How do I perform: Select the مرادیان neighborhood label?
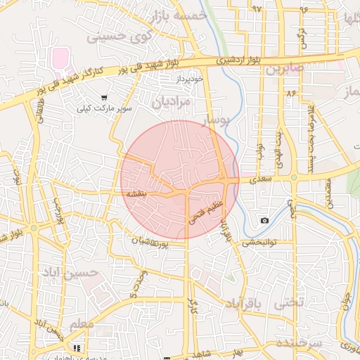coord(171,101)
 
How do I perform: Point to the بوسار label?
coord(216,122)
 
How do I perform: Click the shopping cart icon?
coord(105,98)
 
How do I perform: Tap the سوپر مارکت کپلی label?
coord(105,110)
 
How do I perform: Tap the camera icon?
coord(264,221)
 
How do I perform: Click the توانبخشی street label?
coord(261,242)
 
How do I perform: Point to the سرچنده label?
coord(298,343)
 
